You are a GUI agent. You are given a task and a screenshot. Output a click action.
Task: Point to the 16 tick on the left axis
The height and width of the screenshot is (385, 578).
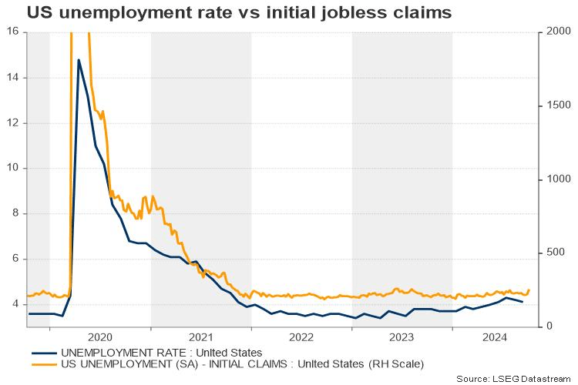[13, 32]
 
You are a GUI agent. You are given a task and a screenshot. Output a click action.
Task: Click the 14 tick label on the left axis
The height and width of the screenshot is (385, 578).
[13, 78]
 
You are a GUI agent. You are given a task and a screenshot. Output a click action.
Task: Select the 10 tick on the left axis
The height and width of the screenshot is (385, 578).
[13, 168]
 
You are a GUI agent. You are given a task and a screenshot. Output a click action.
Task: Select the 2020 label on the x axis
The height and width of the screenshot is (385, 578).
[100, 337]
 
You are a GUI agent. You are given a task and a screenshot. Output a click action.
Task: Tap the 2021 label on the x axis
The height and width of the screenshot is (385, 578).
[200, 337]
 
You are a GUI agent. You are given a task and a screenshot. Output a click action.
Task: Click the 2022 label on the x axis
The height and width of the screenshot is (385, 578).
[301, 337]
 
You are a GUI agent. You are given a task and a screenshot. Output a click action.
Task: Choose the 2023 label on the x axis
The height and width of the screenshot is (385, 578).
[402, 337]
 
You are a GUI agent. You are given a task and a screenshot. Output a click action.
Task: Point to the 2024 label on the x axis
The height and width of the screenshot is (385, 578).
[494, 337]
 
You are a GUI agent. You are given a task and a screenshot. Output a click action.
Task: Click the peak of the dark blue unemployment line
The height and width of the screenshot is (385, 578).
[79, 59]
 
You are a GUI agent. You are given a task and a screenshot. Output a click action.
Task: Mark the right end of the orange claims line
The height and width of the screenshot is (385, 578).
[529, 290]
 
